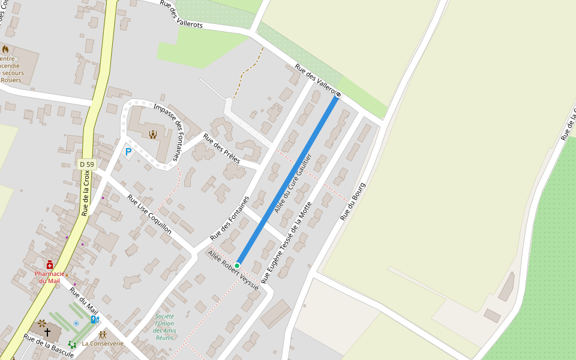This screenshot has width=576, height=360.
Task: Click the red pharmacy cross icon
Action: (x=49, y=265)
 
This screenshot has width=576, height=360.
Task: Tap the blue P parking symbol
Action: (x=128, y=152)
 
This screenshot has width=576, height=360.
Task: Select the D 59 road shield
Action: (x=87, y=164)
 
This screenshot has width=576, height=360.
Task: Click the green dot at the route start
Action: (x=237, y=265)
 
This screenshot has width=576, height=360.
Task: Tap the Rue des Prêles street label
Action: (x=221, y=148)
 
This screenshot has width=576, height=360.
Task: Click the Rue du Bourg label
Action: (x=353, y=202)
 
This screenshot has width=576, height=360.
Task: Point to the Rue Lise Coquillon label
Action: (x=149, y=214)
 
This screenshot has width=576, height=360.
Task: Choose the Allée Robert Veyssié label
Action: (x=233, y=271)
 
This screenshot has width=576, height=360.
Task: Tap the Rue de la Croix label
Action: (x=86, y=193)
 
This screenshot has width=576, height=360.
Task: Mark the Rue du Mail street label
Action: (x=83, y=300)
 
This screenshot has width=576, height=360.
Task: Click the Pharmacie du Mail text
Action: (x=50, y=277)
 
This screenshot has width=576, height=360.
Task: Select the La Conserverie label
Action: (x=103, y=344)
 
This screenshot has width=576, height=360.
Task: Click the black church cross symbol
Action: (x=47, y=331)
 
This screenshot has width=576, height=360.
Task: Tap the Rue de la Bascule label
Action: (x=49, y=346)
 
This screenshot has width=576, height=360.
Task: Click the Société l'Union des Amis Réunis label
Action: (x=164, y=328)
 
